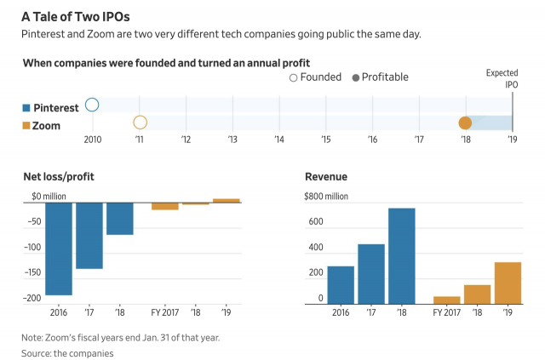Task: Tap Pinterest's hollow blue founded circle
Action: coord(92,106)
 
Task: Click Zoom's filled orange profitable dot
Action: coord(465,123)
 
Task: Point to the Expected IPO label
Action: coord(502,79)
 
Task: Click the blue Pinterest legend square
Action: coord(26,108)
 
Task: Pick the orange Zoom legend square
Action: coord(26,125)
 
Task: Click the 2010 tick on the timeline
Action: coord(92,139)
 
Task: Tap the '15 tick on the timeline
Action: coord(326,139)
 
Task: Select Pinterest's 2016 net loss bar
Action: coord(59,249)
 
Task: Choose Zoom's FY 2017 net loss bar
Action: coord(165,206)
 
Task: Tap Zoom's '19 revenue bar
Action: coord(508,283)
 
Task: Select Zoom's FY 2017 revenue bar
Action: coord(446,300)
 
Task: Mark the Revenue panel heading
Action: coord(326,177)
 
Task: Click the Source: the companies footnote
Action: coord(67,351)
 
